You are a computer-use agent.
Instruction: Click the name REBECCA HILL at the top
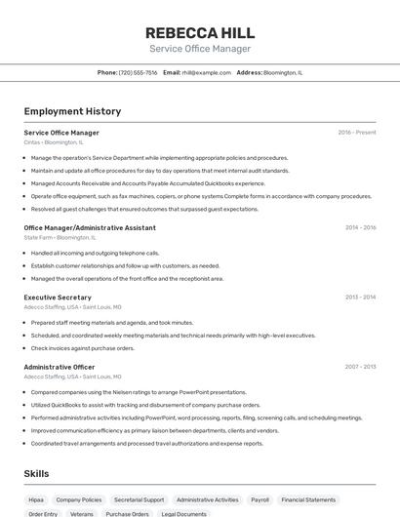coord(200,31)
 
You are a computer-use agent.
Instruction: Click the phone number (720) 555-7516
coord(138,72)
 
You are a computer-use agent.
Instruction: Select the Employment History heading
coord(72,111)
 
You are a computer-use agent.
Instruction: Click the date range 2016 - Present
coord(357,132)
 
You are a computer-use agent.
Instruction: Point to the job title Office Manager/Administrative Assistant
coord(90,227)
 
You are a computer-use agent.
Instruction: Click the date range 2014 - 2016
coord(360,227)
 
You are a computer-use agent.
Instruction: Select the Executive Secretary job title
coord(58,297)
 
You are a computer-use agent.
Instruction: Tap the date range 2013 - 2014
coord(360,297)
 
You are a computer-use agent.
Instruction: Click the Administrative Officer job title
coord(60,366)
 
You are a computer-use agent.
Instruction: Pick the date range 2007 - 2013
coord(360,366)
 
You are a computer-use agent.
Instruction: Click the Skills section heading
coord(36,473)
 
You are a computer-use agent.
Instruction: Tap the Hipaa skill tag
coord(36,499)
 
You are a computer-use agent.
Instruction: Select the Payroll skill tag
coord(260,499)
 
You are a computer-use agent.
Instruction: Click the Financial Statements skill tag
coord(308,499)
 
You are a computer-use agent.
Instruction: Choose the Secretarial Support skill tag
coord(139,499)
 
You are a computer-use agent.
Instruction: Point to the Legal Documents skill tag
coord(183,513)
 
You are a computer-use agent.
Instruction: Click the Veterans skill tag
coord(82,513)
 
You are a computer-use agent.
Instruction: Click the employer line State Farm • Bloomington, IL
coord(60,237)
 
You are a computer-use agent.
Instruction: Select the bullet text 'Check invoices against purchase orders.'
coord(83,347)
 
